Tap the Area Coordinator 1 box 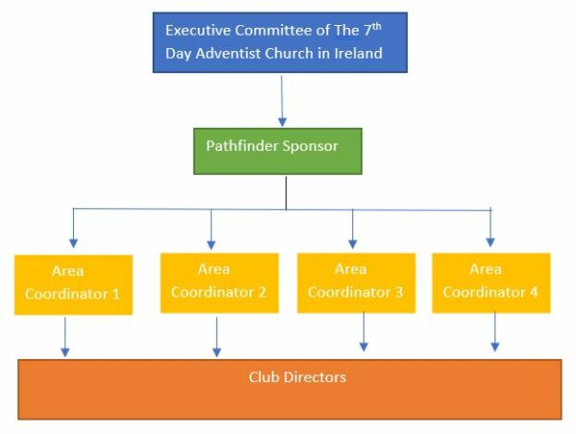(x=73, y=284)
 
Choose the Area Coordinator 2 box (x=219, y=282)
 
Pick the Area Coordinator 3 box (x=356, y=282)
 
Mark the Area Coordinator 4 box (x=492, y=282)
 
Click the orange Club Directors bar (x=289, y=389)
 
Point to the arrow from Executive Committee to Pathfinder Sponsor (x=282, y=101)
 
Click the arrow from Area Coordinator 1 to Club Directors (x=65, y=337)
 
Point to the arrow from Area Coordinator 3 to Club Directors (x=364, y=333)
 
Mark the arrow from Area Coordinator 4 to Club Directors (x=495, y=332)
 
